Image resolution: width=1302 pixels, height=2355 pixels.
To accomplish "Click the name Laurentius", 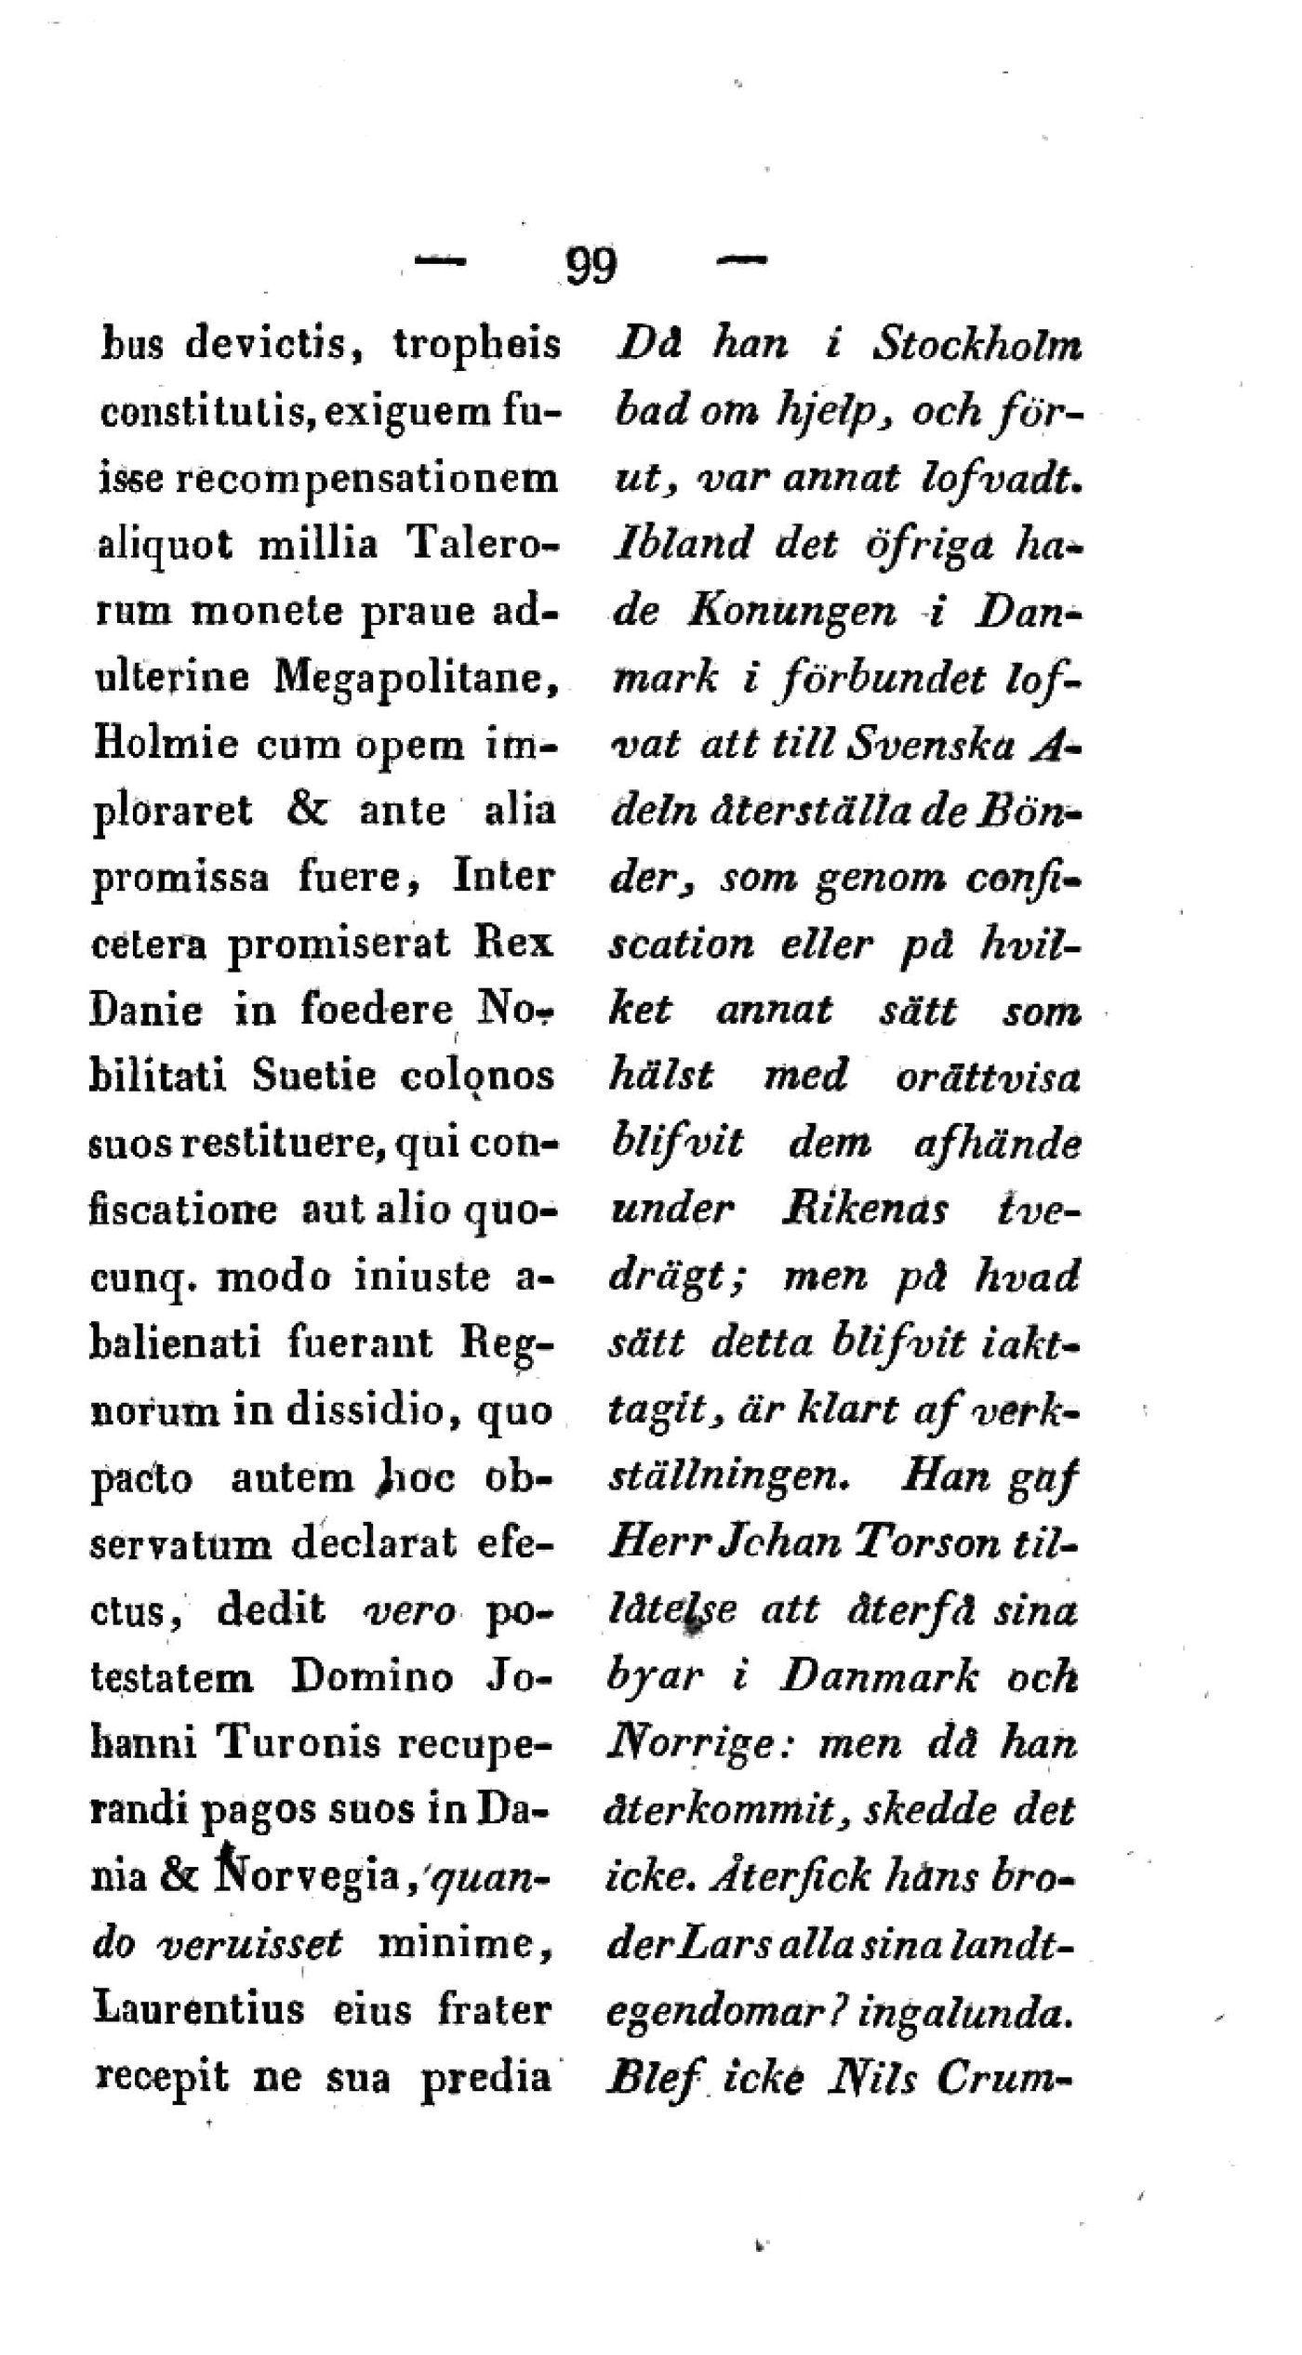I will point(199,2010).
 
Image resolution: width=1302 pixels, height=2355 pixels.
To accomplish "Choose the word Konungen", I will point(792,612).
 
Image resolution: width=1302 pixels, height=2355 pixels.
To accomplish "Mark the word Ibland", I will point(683,545).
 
